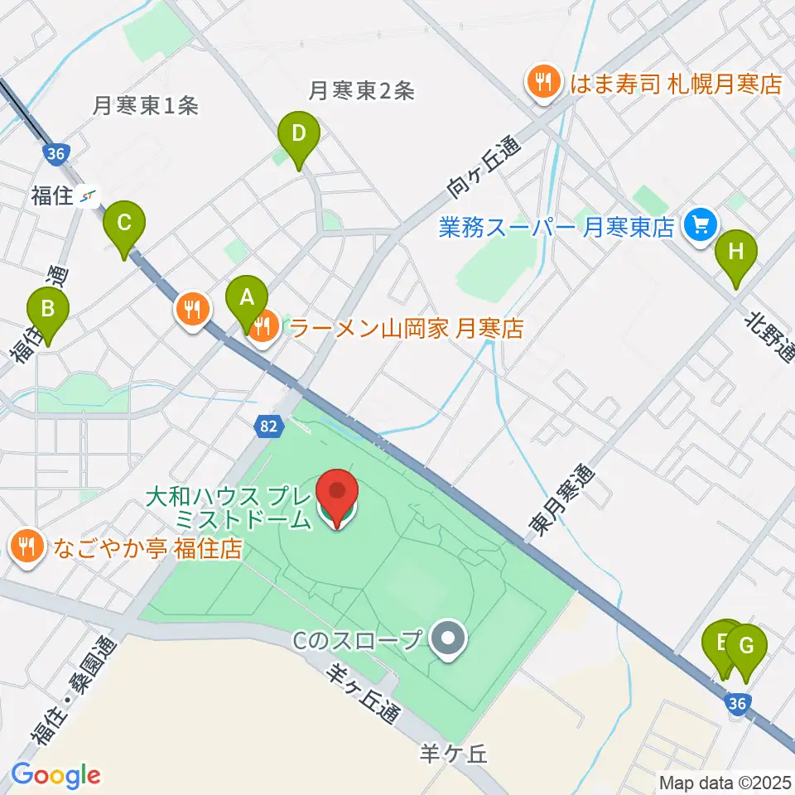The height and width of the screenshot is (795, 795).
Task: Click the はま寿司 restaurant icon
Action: [x=542, y=83]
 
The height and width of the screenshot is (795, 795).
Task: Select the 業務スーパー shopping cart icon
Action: [x=701, y=225]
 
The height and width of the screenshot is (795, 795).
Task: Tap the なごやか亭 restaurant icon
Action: [x=26, y=547]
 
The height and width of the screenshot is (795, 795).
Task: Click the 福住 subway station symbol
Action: [x=89, y=196]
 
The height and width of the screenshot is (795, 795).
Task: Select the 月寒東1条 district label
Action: [x=146, y=105]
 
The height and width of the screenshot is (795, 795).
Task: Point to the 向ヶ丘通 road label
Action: [x=484, y=166]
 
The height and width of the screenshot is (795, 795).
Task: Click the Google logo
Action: [x=56, y=775]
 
